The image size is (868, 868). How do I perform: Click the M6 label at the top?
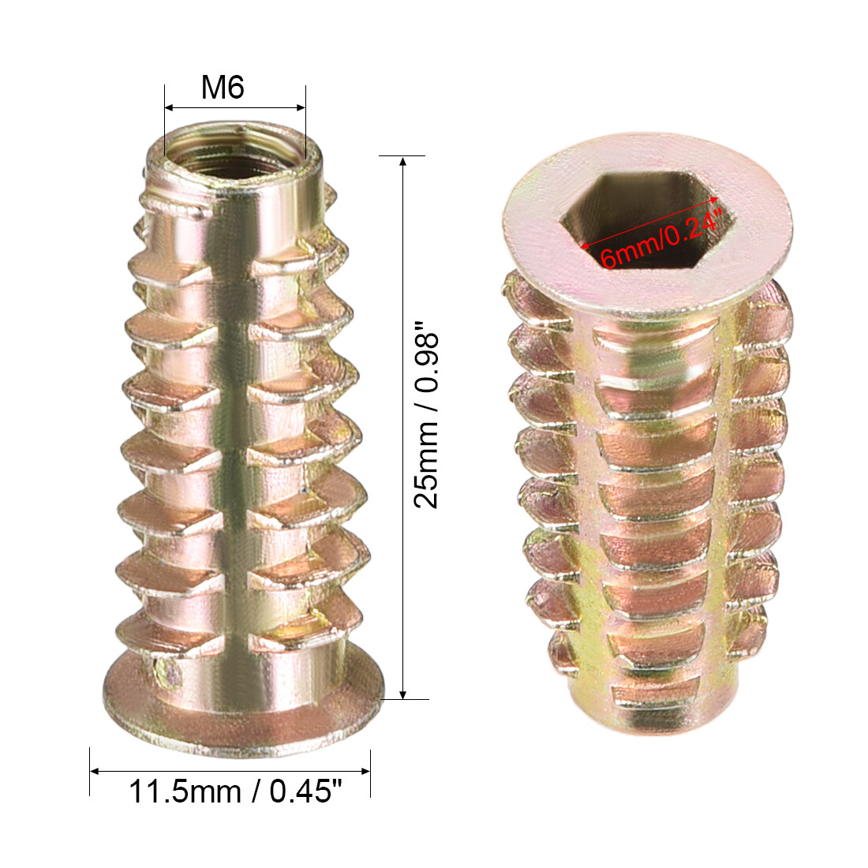[223, 87]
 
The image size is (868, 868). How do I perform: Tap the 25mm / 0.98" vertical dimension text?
[427, 415]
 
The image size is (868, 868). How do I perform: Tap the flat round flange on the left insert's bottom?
[237, 714]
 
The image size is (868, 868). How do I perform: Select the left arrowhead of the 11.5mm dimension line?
[95, 772]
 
